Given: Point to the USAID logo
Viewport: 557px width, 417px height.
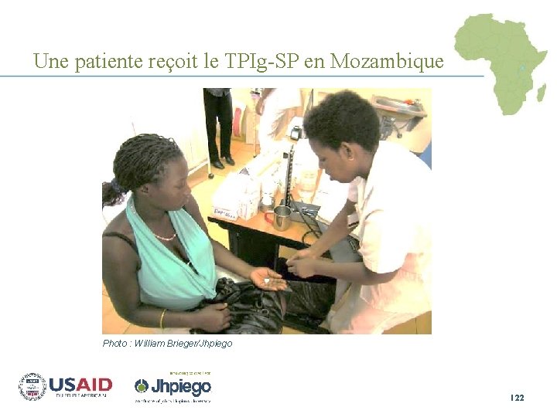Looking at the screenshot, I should point(80,385).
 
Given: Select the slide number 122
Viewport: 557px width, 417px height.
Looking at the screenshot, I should point(517,397).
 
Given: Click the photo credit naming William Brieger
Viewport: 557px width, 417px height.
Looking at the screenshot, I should point(167,343).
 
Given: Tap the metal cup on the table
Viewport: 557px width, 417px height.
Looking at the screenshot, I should point(281,218).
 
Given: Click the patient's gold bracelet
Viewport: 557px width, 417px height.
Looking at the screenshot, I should point(162,318).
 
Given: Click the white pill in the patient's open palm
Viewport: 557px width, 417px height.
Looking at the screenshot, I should point(267,282).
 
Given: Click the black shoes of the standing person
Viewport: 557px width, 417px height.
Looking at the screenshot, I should point(222,161).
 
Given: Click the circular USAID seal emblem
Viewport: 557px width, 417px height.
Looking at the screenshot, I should point(32,386).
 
